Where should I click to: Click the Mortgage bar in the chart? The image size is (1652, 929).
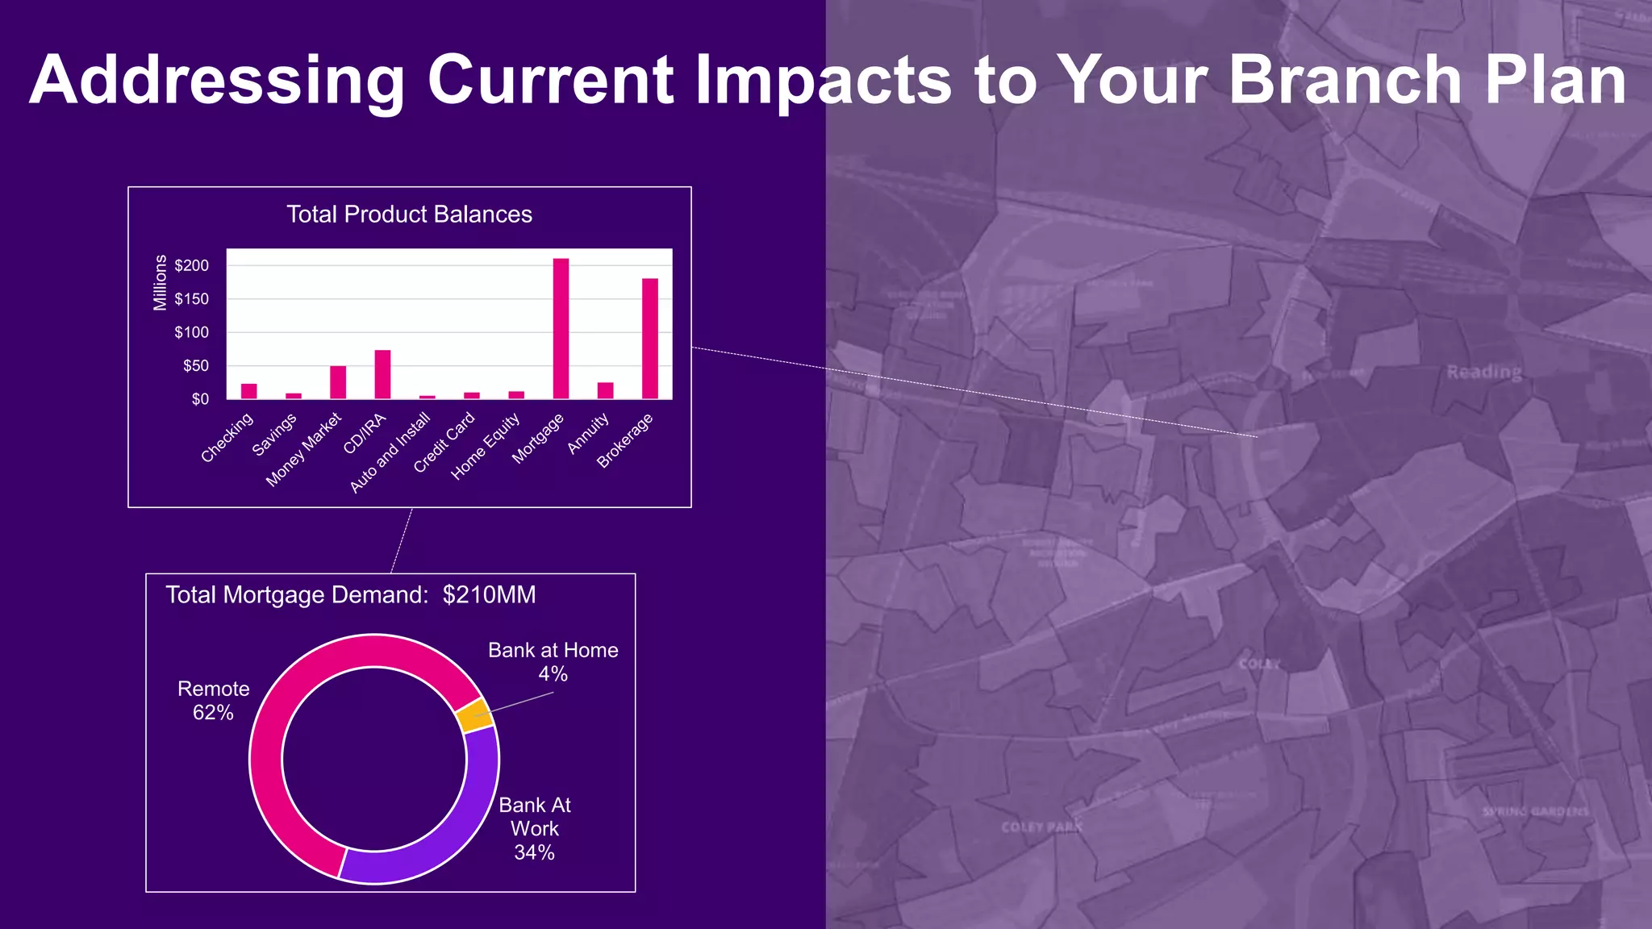561,328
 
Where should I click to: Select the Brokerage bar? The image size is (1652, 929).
650,338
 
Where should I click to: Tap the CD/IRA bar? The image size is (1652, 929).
382,374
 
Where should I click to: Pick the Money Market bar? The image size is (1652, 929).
338,382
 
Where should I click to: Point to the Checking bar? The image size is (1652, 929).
248,391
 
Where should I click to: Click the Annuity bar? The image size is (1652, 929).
605,390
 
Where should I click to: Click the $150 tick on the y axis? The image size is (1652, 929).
191,299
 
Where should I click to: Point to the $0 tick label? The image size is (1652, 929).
199,399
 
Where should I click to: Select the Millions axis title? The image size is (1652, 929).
160,282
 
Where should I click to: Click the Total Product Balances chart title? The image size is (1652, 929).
409,215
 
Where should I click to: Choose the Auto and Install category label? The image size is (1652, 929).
390,452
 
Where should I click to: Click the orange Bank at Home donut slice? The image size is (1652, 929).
474,714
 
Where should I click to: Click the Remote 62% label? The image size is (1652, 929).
213,700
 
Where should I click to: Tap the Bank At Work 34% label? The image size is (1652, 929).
534,828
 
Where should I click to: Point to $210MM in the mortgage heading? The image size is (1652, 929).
489,595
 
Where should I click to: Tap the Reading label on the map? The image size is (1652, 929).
1483,372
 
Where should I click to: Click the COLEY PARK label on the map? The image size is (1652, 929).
1041,827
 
